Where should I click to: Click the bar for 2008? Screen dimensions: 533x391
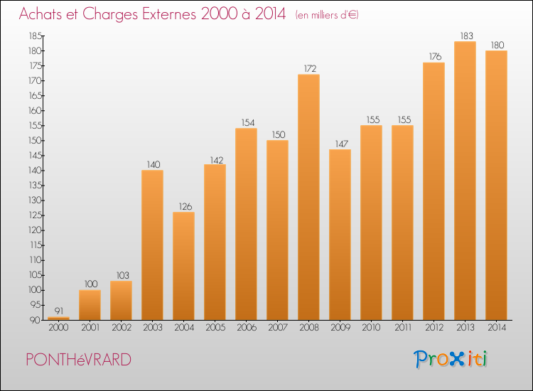point(308,197)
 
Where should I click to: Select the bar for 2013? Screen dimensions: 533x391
point(465,181)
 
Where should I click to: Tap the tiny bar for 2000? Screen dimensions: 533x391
point(58,318)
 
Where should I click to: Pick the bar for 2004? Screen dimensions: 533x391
point(183,266)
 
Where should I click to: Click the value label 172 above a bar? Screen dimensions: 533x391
point(310,69)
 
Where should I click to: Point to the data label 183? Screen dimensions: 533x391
point(467,36)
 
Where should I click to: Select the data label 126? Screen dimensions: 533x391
point(185,206)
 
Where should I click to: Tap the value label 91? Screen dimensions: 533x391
point(59,311)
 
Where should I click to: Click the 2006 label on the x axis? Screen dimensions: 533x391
point(247,327)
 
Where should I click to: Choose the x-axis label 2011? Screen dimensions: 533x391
point(403,327)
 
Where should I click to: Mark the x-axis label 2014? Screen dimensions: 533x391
point(497,327)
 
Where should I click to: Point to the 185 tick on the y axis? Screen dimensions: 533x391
point(36,36)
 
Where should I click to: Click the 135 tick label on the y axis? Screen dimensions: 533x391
point(36,186)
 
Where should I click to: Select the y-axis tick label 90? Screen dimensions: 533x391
point(35,320)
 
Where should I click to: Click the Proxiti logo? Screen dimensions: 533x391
point(451,359)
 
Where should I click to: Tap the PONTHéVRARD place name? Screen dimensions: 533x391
point(78,360)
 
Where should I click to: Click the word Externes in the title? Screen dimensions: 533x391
point(169,14)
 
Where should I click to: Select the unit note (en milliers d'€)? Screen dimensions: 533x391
point(327,15)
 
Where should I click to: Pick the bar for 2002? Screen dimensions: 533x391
point(121,301)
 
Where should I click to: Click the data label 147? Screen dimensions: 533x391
point(342,144)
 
